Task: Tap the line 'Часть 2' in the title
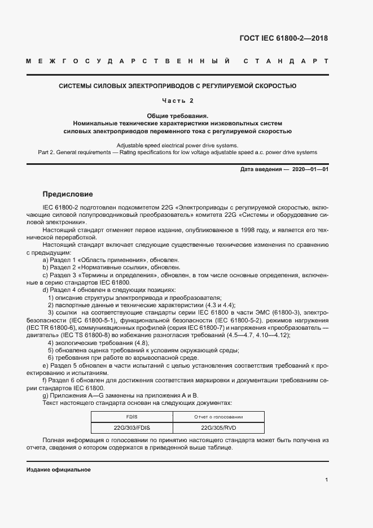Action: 178,101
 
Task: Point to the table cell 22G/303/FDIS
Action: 131,428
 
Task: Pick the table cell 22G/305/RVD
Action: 218,428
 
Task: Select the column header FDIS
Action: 131,417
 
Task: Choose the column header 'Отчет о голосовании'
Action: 218,417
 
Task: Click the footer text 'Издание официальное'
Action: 59,470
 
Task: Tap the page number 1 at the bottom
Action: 326,480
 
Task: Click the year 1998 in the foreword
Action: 242,230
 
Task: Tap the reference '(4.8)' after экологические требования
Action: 141,343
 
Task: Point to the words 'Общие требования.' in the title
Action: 178,115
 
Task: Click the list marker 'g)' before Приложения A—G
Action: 46,395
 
